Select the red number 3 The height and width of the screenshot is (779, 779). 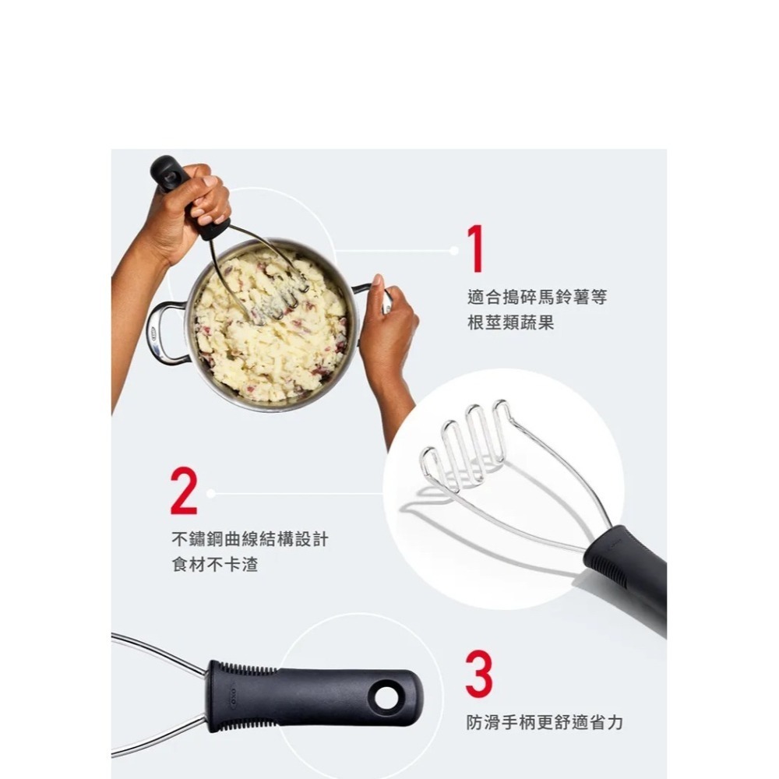click(478, 675)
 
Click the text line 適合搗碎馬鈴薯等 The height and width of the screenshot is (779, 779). click(536, 298)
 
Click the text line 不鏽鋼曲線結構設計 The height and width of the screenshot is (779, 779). click(249, 539)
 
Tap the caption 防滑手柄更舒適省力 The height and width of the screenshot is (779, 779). click(545, 723)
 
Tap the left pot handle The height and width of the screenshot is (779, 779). click(161, 333)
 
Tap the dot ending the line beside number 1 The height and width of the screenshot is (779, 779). click(454, 250)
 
